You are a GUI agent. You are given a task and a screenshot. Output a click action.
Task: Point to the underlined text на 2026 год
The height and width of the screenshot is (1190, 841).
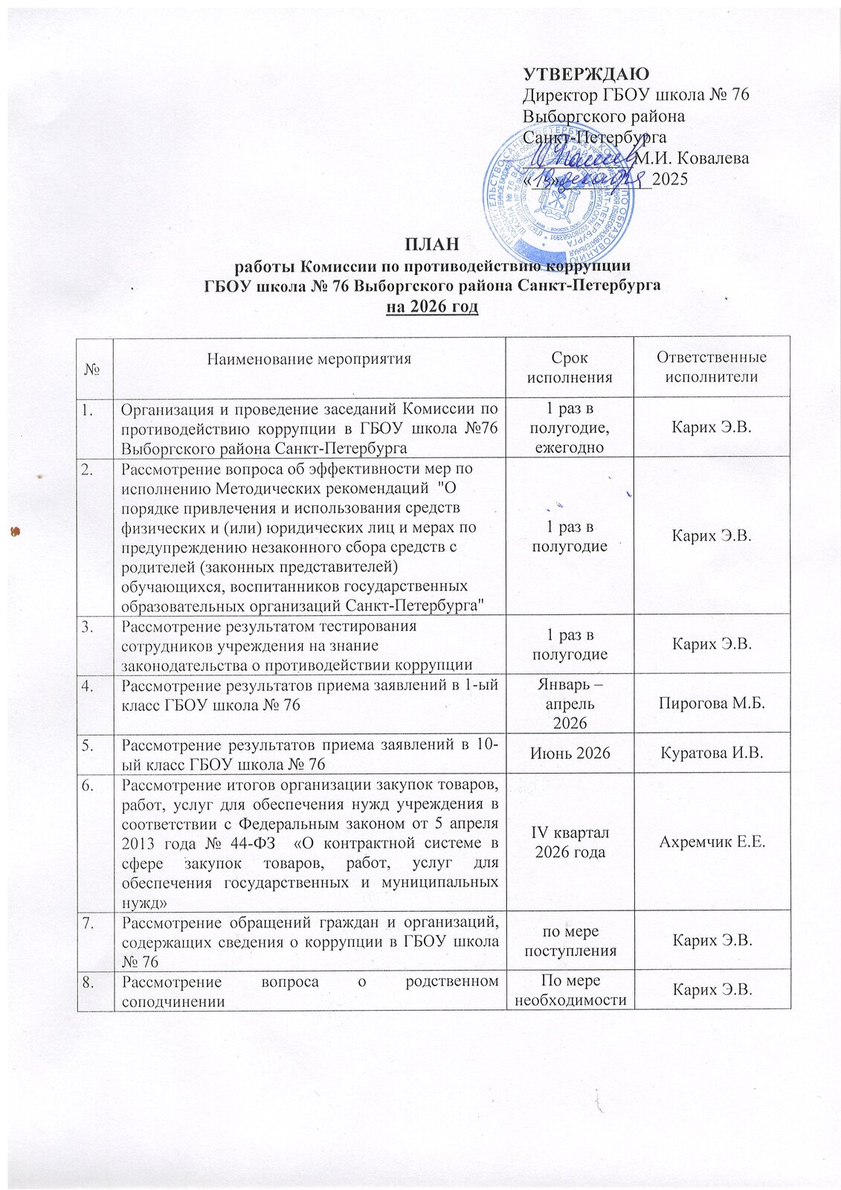(x=432, y=306)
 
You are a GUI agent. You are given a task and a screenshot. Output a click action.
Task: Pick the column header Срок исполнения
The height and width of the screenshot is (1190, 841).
(x=569, y=367)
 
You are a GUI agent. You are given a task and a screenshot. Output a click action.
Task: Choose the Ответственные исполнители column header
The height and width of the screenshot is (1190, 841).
(x=711, y=367)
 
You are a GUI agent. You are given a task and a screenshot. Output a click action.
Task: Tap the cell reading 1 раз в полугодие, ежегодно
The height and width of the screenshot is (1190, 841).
(x=569, y=428)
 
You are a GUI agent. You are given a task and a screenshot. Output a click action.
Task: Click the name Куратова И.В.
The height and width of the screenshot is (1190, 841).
(x=711, y=753)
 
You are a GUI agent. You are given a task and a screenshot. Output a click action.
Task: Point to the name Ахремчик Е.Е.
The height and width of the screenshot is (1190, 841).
(x=711, y=842)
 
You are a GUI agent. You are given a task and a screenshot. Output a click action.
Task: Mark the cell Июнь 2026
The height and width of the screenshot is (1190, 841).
(x=569, y=753)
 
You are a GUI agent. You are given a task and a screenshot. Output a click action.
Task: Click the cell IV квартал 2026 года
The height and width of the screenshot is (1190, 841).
(x=569, y=842)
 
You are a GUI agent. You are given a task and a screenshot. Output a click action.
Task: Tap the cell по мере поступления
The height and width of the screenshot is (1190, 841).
(x=569, y=941)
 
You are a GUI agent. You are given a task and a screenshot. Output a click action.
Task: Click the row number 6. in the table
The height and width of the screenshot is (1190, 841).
(x=89, y=783)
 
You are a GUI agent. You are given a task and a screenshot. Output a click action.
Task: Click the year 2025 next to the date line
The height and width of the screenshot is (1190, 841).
(x=670, y=179)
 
